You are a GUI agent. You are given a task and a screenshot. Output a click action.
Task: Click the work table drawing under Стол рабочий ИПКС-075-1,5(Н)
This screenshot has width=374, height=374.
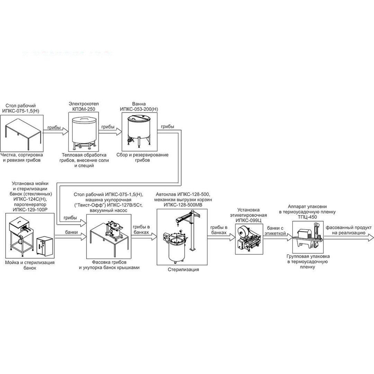pos(23,133)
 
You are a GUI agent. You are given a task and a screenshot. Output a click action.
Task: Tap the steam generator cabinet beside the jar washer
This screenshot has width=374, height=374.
pos(44,247)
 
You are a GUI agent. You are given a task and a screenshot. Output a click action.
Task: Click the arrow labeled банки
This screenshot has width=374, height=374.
pos(71,237)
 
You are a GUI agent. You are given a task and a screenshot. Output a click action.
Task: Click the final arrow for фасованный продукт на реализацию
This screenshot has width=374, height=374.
pos(348,237)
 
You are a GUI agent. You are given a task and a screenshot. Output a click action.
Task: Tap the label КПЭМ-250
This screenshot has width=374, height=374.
pos(83,109)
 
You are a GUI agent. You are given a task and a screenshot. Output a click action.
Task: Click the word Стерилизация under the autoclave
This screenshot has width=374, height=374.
pos(183,269)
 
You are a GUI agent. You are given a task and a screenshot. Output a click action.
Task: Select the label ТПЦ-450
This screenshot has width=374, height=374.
pos(307,217)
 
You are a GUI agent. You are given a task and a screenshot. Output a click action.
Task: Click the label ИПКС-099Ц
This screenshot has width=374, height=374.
pos(248,220)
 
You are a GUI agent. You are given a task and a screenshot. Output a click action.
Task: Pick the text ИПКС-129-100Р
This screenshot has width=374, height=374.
pos(30,210)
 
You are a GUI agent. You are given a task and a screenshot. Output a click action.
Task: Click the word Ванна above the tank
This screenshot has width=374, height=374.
pos(139,104)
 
